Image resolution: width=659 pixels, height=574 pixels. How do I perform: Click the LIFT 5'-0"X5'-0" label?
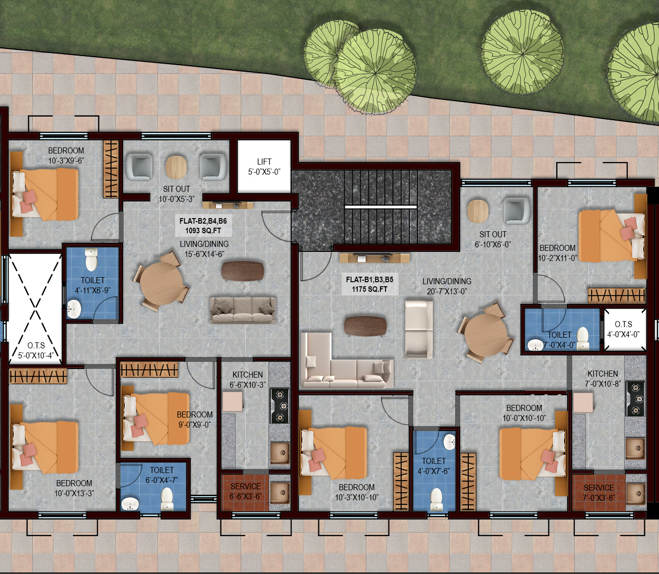tap(264, 167)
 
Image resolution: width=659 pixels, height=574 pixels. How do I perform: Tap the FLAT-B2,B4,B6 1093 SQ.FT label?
tap(203, 226)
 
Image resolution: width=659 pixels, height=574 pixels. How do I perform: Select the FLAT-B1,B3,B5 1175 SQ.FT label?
tap(369, 284)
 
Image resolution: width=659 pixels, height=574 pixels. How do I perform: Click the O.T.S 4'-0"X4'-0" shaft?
tap(625, 329)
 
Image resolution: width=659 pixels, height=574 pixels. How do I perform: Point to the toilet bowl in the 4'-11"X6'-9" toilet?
tap(91, 259)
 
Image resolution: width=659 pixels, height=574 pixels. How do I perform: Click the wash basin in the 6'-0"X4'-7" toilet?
tap(130, 504)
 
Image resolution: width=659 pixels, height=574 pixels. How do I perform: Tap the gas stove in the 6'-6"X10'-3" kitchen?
tap(279, 406)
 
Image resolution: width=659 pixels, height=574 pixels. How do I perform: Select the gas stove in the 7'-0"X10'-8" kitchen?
tap(635, 399)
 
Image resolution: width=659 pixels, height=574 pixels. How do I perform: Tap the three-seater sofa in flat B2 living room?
tap(243, 310)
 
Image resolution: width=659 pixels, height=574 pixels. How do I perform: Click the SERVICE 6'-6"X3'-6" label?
tap(245, 491)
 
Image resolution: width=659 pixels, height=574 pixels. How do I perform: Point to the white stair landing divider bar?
tap(380, 206)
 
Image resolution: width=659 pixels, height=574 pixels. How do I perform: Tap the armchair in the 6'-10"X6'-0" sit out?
tap(517, 211)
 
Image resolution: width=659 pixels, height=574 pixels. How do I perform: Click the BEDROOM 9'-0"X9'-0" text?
tap(195, 420)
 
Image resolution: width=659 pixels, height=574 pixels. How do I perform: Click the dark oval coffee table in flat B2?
tap(243, 271)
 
